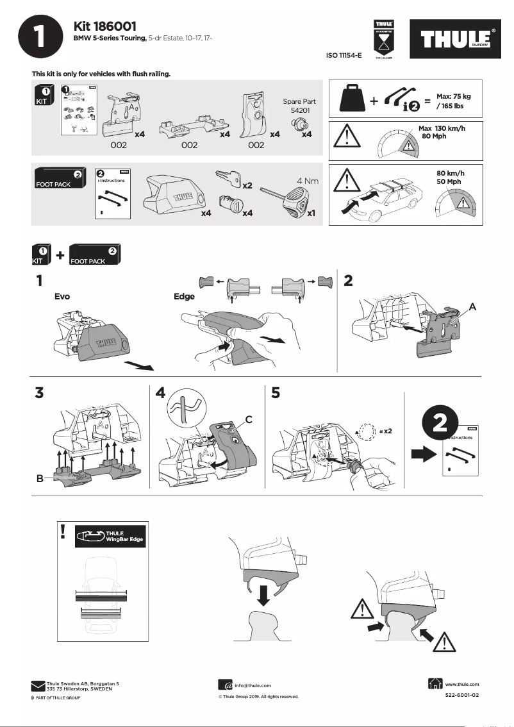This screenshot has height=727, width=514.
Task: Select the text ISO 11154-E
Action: click(x=344, y=56)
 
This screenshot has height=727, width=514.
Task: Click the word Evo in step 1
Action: click(x=62, y=297)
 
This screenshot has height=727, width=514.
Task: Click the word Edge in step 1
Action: click(x=184, y=297)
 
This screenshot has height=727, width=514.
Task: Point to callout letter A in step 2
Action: click(x=472, y=307)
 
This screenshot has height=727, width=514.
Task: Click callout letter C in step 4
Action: click(x=247, y=420)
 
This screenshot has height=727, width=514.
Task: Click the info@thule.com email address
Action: click(x=253, y=685)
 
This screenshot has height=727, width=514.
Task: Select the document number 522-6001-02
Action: click(x=461, y=695)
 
